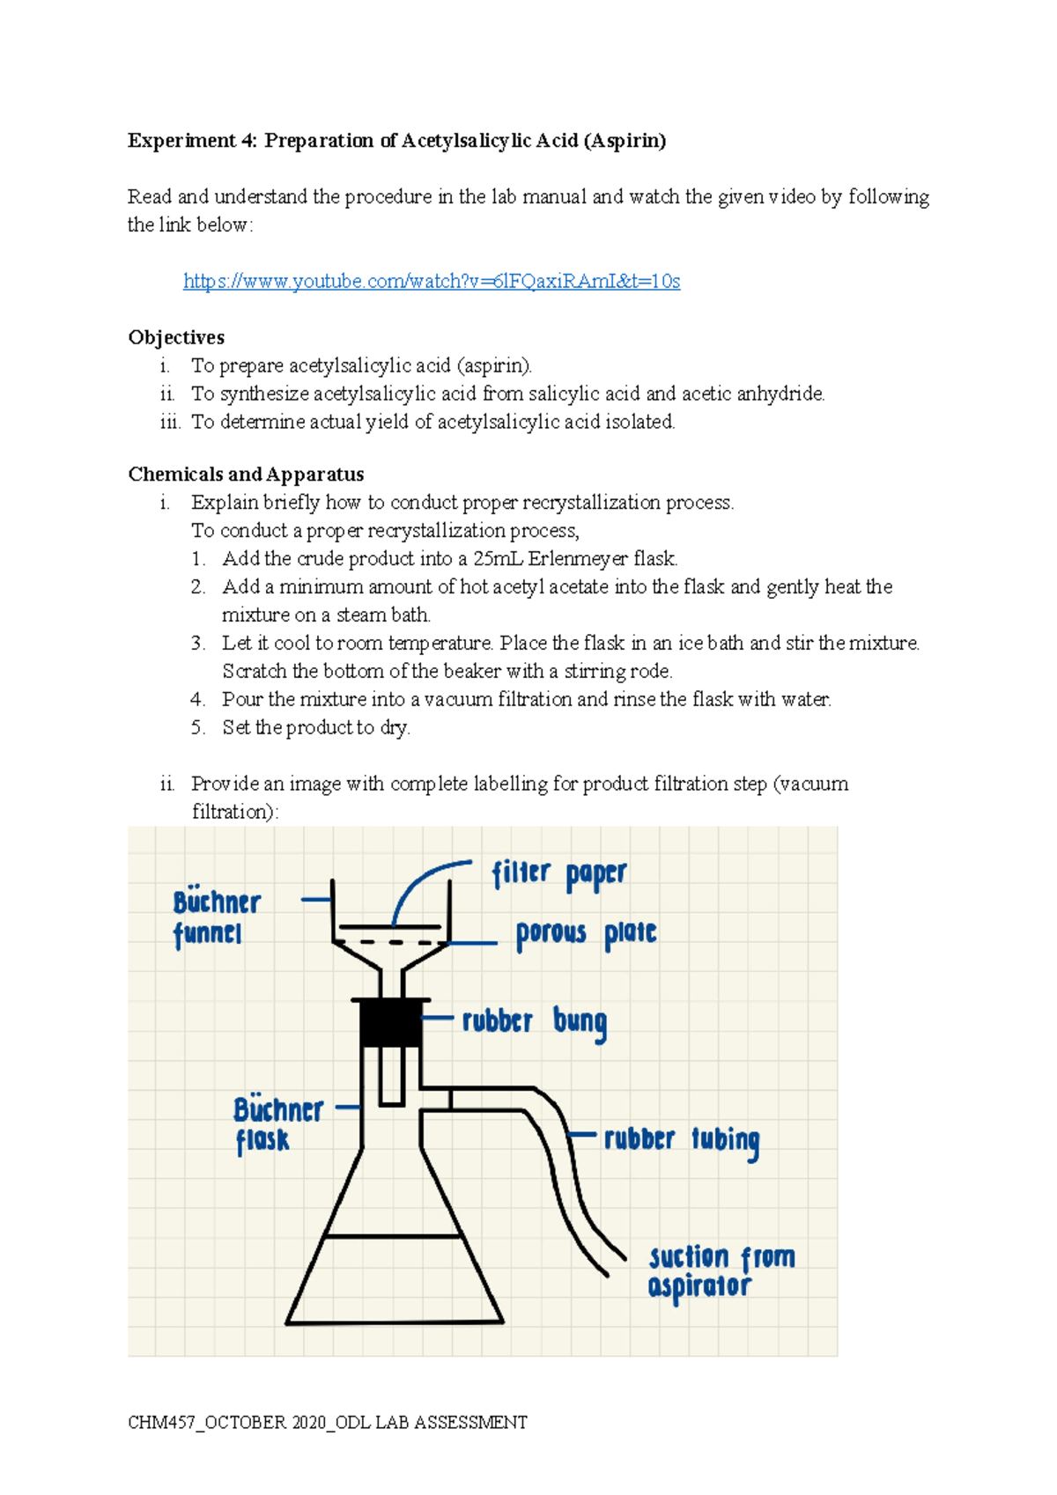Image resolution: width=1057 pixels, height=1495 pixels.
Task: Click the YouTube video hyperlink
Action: (431, 281)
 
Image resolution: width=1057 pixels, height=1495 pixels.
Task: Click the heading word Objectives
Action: (176, 337)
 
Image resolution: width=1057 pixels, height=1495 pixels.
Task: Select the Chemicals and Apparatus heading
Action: (246, 474)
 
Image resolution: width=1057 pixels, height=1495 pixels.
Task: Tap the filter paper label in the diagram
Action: (558, 874)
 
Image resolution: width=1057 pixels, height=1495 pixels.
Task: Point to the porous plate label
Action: (586, 934)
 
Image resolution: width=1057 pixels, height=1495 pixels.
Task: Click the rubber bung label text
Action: (534, 1021)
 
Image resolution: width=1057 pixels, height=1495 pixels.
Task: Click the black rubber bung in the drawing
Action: (390, 1024)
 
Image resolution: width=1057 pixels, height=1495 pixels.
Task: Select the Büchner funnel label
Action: (216, 917)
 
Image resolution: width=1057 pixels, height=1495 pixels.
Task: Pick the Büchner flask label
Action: (277, 1124)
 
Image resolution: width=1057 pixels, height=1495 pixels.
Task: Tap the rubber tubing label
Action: (681, 1139)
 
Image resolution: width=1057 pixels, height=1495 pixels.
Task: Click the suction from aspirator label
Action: (720, 1271)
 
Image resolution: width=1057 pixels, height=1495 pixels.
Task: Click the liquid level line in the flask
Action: (393, 1236)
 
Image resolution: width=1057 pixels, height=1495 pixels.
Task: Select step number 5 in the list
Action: (197, 727)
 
